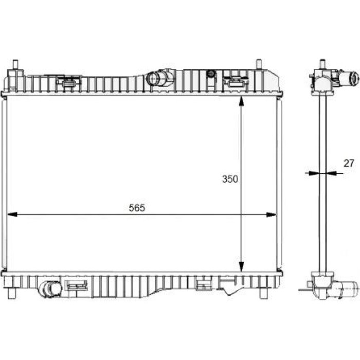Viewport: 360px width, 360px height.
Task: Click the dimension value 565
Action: tap(137, 208)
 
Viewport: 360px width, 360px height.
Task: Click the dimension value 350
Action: tap(230, 179)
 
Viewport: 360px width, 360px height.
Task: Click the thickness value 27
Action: tap(349, 163)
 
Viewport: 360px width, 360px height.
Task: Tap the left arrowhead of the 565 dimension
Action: tap(12, 214)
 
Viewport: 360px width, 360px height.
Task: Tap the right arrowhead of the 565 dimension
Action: tap(271, 214)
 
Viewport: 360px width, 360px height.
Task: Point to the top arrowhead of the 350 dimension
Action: tap(241, 101)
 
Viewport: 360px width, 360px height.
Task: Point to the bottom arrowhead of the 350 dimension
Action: tap(241, 267)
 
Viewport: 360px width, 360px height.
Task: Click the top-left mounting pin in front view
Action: tap(15, 64)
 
